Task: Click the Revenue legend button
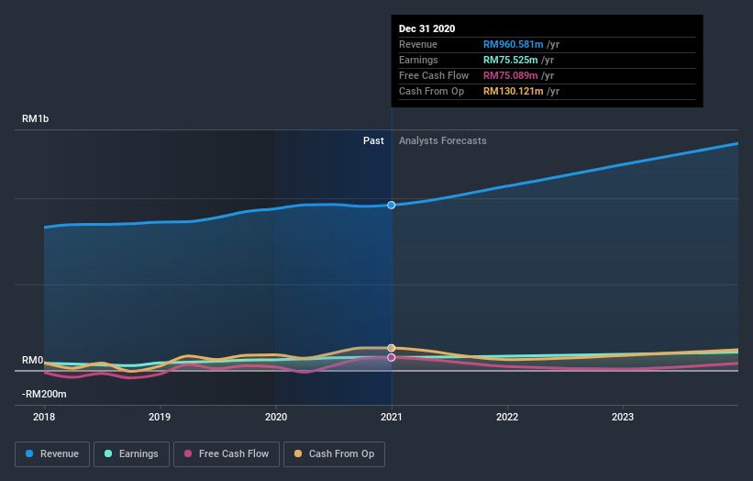[52, 453]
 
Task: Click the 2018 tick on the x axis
[44, 416]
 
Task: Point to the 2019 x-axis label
[160, 416]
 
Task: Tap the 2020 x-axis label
[275, 416]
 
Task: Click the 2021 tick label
[392, 416]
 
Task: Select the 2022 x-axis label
[507, 416]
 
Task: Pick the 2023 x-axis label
[623, 416]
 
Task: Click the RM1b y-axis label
[37, 119]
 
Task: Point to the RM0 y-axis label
[32, 361]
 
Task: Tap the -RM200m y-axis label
[44, 394]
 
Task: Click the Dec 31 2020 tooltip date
[426, 29]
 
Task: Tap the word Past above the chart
[373, 140]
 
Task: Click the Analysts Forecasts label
[442, 140]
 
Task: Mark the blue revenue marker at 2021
[392, 205]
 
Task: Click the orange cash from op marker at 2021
[392, 348]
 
